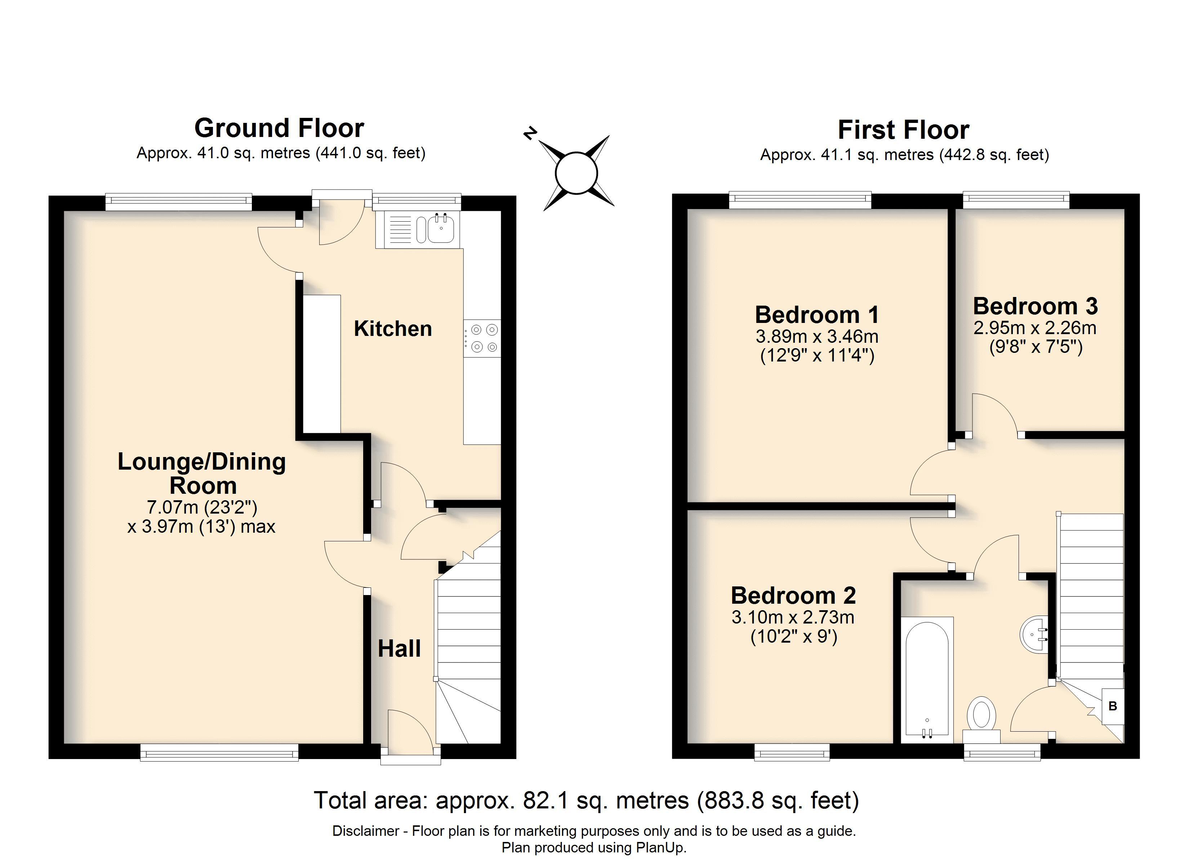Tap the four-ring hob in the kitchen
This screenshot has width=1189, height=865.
483,338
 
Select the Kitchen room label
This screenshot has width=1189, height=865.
393,329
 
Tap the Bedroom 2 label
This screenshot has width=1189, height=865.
793,595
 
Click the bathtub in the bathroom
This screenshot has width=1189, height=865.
926,679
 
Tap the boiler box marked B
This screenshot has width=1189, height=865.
1113,706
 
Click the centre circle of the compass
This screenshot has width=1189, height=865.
576,173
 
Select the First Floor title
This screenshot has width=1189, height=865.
903,129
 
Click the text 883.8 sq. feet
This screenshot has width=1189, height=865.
778,800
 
